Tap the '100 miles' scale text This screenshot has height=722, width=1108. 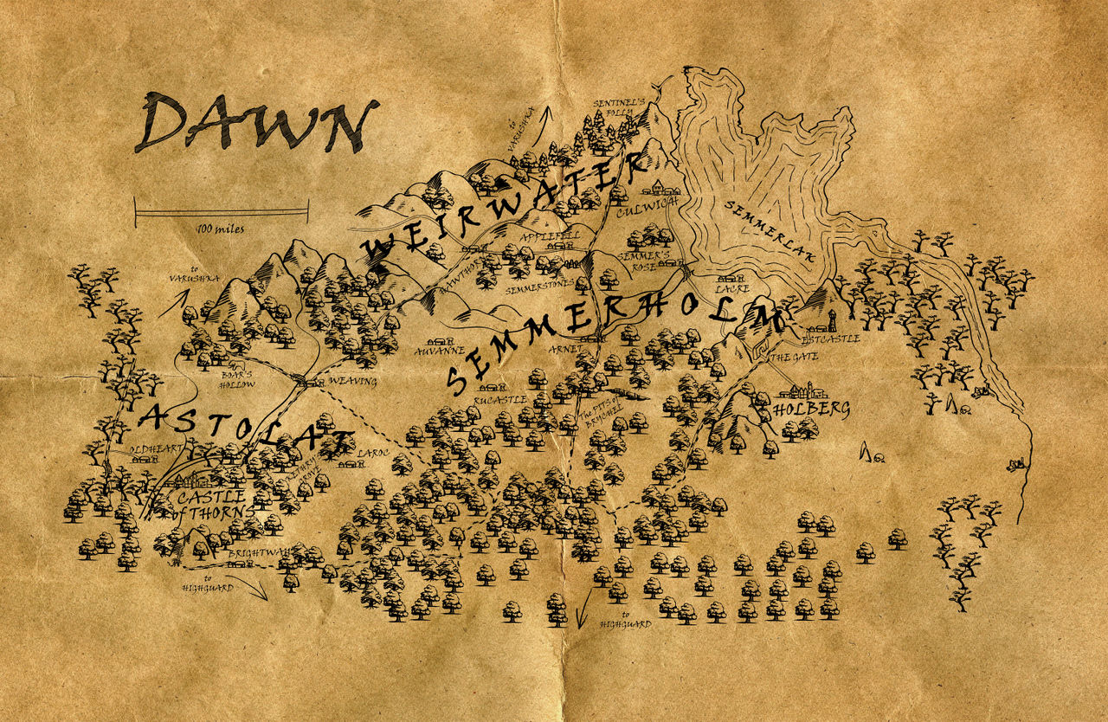point(220,229)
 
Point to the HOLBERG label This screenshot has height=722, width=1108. point(810,409)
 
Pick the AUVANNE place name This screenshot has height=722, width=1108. point(441,352)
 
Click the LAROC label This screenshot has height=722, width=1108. point(374,452)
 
